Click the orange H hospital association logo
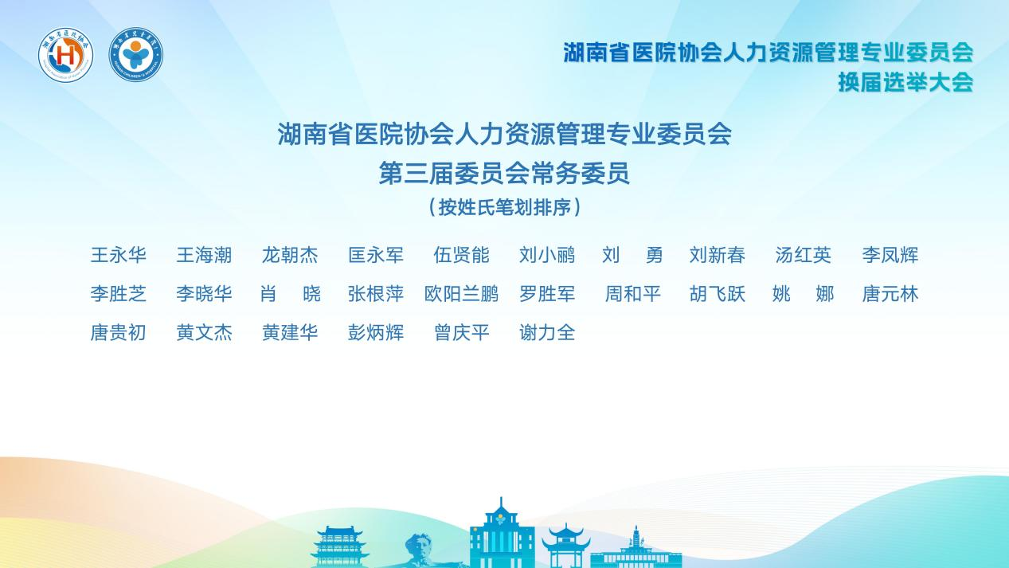click(66, 54)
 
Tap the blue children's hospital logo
click(135, 54)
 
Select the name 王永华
click(119, 255)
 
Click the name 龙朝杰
click(290, 255)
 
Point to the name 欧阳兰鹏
click(461, 294)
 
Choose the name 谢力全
click(547, 333)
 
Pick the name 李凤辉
click(890, 255)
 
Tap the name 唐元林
click(890, 294)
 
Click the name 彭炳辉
click(376, 333)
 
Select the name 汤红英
click(804, 255)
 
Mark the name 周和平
click(633, 294)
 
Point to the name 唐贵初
click(119, 333)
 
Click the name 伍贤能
click(461, 255)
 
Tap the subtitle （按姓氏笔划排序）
click(505, 208)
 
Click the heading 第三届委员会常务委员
click(504, 174)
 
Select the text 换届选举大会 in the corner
click(905, 82)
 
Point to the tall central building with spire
click(502, 533)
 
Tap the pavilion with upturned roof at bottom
click(565, 546)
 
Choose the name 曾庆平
click(461, 333)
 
